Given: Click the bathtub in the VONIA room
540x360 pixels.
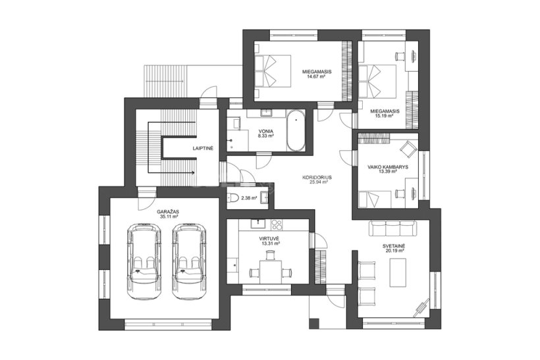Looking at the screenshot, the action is (296, 130).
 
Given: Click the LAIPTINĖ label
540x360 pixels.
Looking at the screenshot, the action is (203, 148).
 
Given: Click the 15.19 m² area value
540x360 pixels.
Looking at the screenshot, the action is (385, 116).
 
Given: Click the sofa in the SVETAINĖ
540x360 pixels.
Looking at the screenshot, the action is (393, 228).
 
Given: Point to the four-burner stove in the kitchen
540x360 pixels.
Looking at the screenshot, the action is (276, 224).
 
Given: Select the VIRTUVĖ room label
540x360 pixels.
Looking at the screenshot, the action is (269, 238).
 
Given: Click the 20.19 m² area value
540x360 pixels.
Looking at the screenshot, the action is (394, 251).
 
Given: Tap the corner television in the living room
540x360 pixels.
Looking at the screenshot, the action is (421, 307).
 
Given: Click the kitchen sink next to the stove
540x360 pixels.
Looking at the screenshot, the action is (258, 224).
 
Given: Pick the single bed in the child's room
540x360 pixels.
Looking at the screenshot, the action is (375, 199).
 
